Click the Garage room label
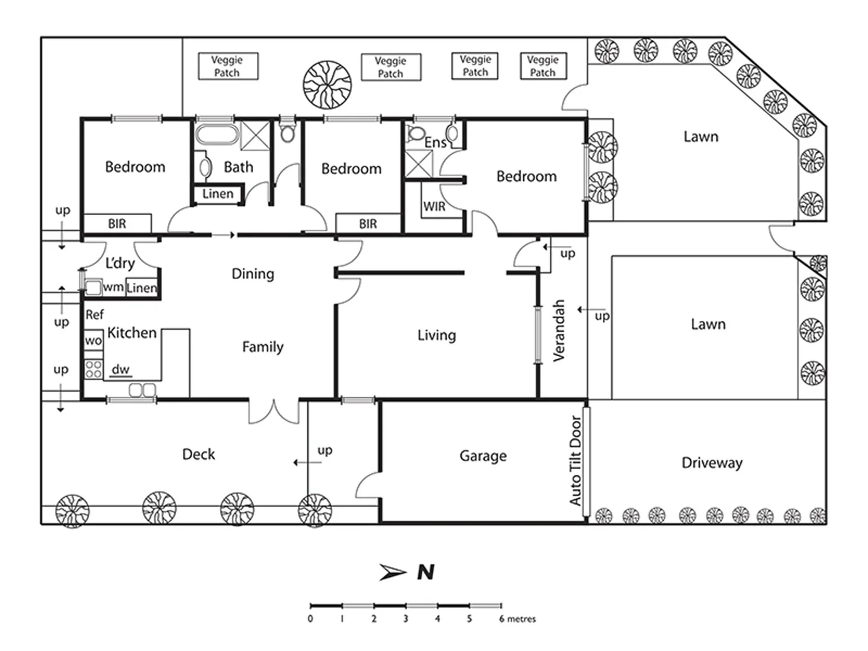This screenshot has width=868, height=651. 483,456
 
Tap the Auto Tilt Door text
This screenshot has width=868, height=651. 576,461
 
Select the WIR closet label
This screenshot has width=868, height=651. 434,207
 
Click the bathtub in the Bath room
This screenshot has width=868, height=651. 216,134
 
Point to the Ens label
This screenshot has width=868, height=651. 435,143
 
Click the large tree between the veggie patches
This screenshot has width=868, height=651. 327,84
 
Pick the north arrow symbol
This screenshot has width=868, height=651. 392,572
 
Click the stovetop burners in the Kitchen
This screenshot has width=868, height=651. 93,368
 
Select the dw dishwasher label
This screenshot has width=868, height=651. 121,370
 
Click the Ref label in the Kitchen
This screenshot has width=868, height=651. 95,315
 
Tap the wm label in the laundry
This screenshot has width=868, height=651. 112,288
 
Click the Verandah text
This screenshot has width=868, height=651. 559,330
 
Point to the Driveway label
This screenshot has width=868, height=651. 712,463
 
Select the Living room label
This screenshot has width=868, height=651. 436,335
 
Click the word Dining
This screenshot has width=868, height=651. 253,274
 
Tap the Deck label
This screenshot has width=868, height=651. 198,454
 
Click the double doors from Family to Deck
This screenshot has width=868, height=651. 274,411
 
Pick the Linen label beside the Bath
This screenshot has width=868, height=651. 218,194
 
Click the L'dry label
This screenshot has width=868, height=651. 120,263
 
